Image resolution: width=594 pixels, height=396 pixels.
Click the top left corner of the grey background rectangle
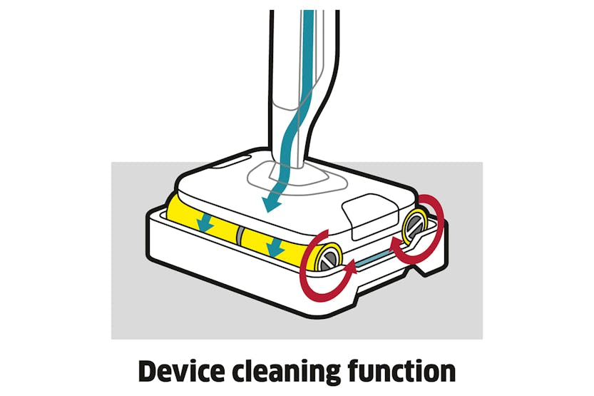(111, 162)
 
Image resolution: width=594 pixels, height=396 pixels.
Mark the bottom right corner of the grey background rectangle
(483, 339)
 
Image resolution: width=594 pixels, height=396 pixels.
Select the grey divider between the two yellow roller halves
(239, 235)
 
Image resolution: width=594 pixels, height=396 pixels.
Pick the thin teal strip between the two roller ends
(373, 257)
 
